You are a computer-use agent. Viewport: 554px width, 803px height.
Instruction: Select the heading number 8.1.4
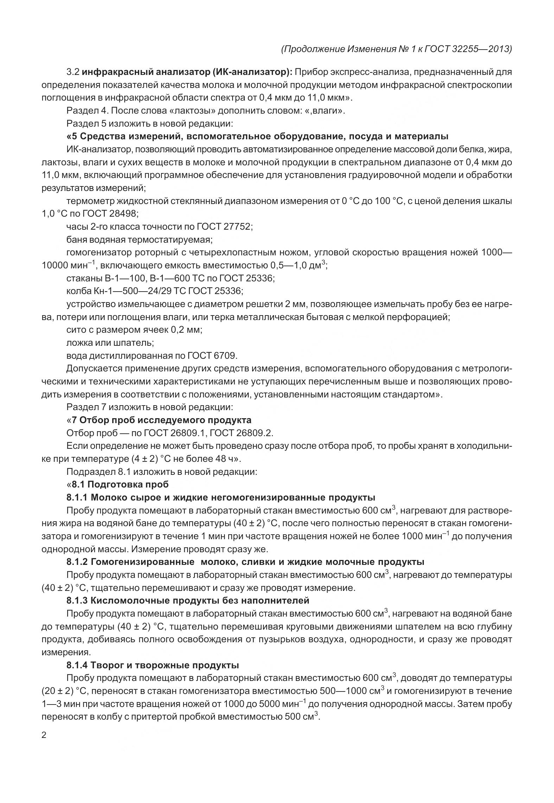click(x=77, y=665)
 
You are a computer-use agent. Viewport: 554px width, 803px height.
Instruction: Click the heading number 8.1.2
click(x=77, y=562)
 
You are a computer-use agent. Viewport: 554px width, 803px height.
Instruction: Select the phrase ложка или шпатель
click(x=110, y=343)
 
